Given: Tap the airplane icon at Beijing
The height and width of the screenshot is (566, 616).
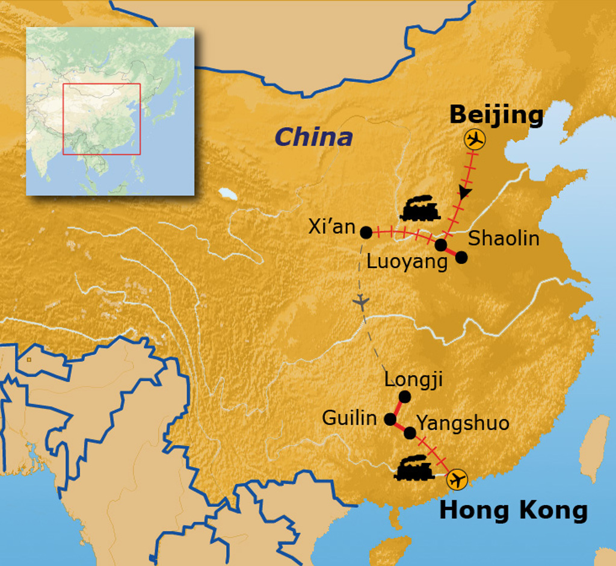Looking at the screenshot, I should coord(475,140).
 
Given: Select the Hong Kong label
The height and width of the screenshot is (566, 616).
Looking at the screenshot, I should coord(513,511).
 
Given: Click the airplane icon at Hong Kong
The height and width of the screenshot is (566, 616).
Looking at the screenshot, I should coord(457,480).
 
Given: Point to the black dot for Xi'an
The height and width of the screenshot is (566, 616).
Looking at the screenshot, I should coord(366,232).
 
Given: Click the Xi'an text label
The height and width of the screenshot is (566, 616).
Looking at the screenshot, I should coord(331,226).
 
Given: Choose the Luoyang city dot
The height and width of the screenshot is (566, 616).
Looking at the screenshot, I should coord(441,245).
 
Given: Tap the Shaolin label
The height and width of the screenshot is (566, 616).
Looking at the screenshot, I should coord(504,238).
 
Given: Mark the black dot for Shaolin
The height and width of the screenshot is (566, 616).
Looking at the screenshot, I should coord(461,257).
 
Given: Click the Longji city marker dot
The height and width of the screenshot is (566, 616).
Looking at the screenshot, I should coord(405,396).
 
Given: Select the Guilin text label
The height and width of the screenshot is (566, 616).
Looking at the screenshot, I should coord(350,418).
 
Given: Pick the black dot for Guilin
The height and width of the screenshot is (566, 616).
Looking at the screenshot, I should coord(390,418).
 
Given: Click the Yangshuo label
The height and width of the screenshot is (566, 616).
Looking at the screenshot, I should coord(463,423).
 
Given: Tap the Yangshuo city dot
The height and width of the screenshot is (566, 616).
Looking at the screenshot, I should coord(410,432).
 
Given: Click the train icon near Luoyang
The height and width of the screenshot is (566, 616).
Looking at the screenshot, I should coord(419,209).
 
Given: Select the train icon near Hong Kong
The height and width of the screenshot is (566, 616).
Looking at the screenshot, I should coord(414,468).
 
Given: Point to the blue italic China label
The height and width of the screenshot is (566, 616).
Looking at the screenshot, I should coord(313,137).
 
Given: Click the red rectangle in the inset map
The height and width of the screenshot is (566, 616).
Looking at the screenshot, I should coord(101,119).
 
